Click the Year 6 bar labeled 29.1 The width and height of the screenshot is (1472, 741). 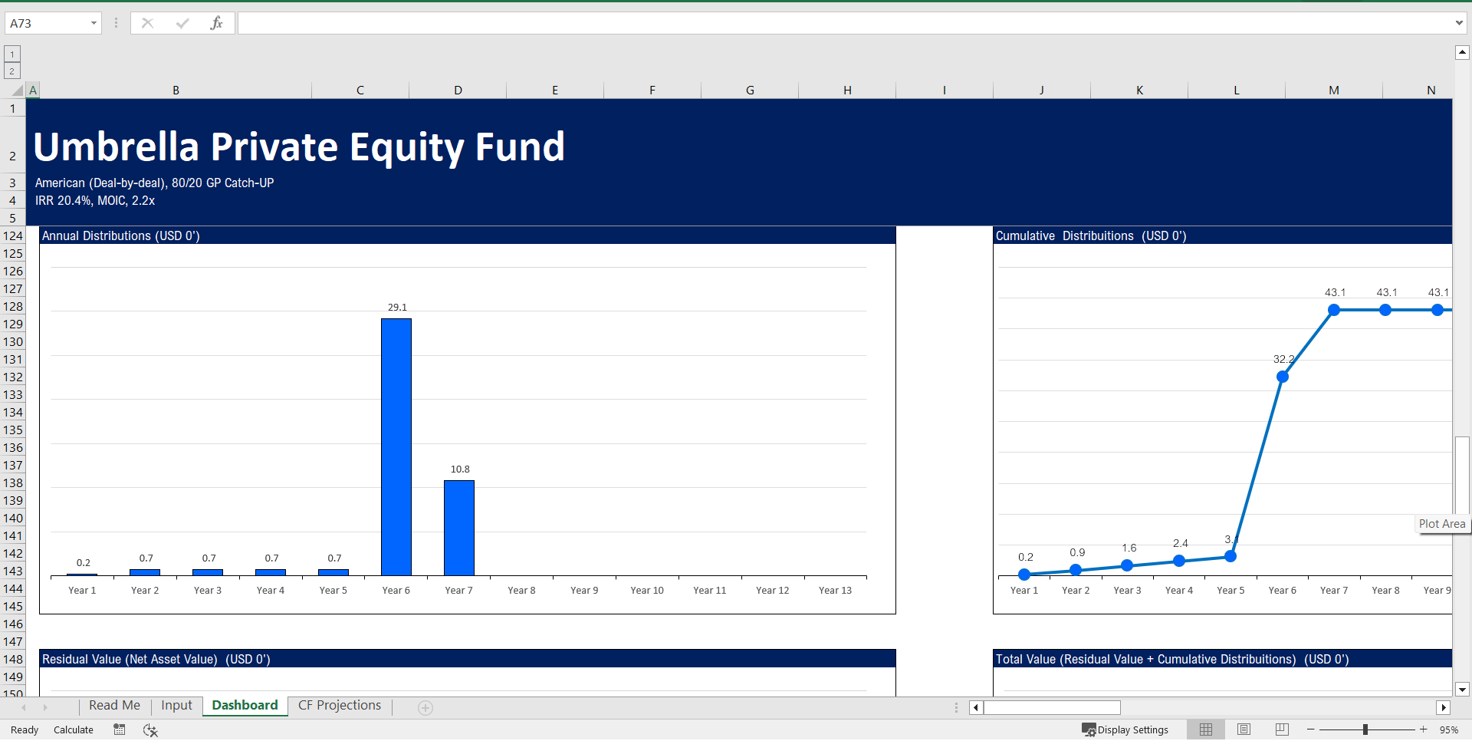click(x=396, y=446)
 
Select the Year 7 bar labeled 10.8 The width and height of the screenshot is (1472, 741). click(x=459, y=528)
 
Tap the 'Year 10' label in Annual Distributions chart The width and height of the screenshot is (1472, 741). click(x=647, y=591)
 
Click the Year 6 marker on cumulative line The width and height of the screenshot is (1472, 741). click(x=1283, y=377)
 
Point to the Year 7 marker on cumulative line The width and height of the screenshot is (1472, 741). click(x=1334, y=310)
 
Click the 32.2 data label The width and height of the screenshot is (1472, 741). click(x=1283, y=359)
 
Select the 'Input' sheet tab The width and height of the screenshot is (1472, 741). click(x=176, y=706)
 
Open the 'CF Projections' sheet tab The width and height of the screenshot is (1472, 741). click(x=339, y=706)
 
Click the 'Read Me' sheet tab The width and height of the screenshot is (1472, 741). click(x=114, y=706)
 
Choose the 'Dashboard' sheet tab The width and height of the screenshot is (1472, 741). click(x=245, y=706)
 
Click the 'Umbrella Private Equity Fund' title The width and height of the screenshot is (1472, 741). click(x=299, y=147)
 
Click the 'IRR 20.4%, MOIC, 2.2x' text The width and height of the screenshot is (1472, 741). click(x=95, y=201)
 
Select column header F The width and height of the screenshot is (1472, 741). click(x=652, y=91)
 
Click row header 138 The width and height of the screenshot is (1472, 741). click(x=13, y=483)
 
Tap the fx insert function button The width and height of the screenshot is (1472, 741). click(x=216, y=23)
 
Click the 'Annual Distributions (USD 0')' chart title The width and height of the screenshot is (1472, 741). click(x=121, y=236)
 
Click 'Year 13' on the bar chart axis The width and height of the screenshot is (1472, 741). click(x=835, y=591)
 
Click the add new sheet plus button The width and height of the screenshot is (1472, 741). click(x=426, y=708)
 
